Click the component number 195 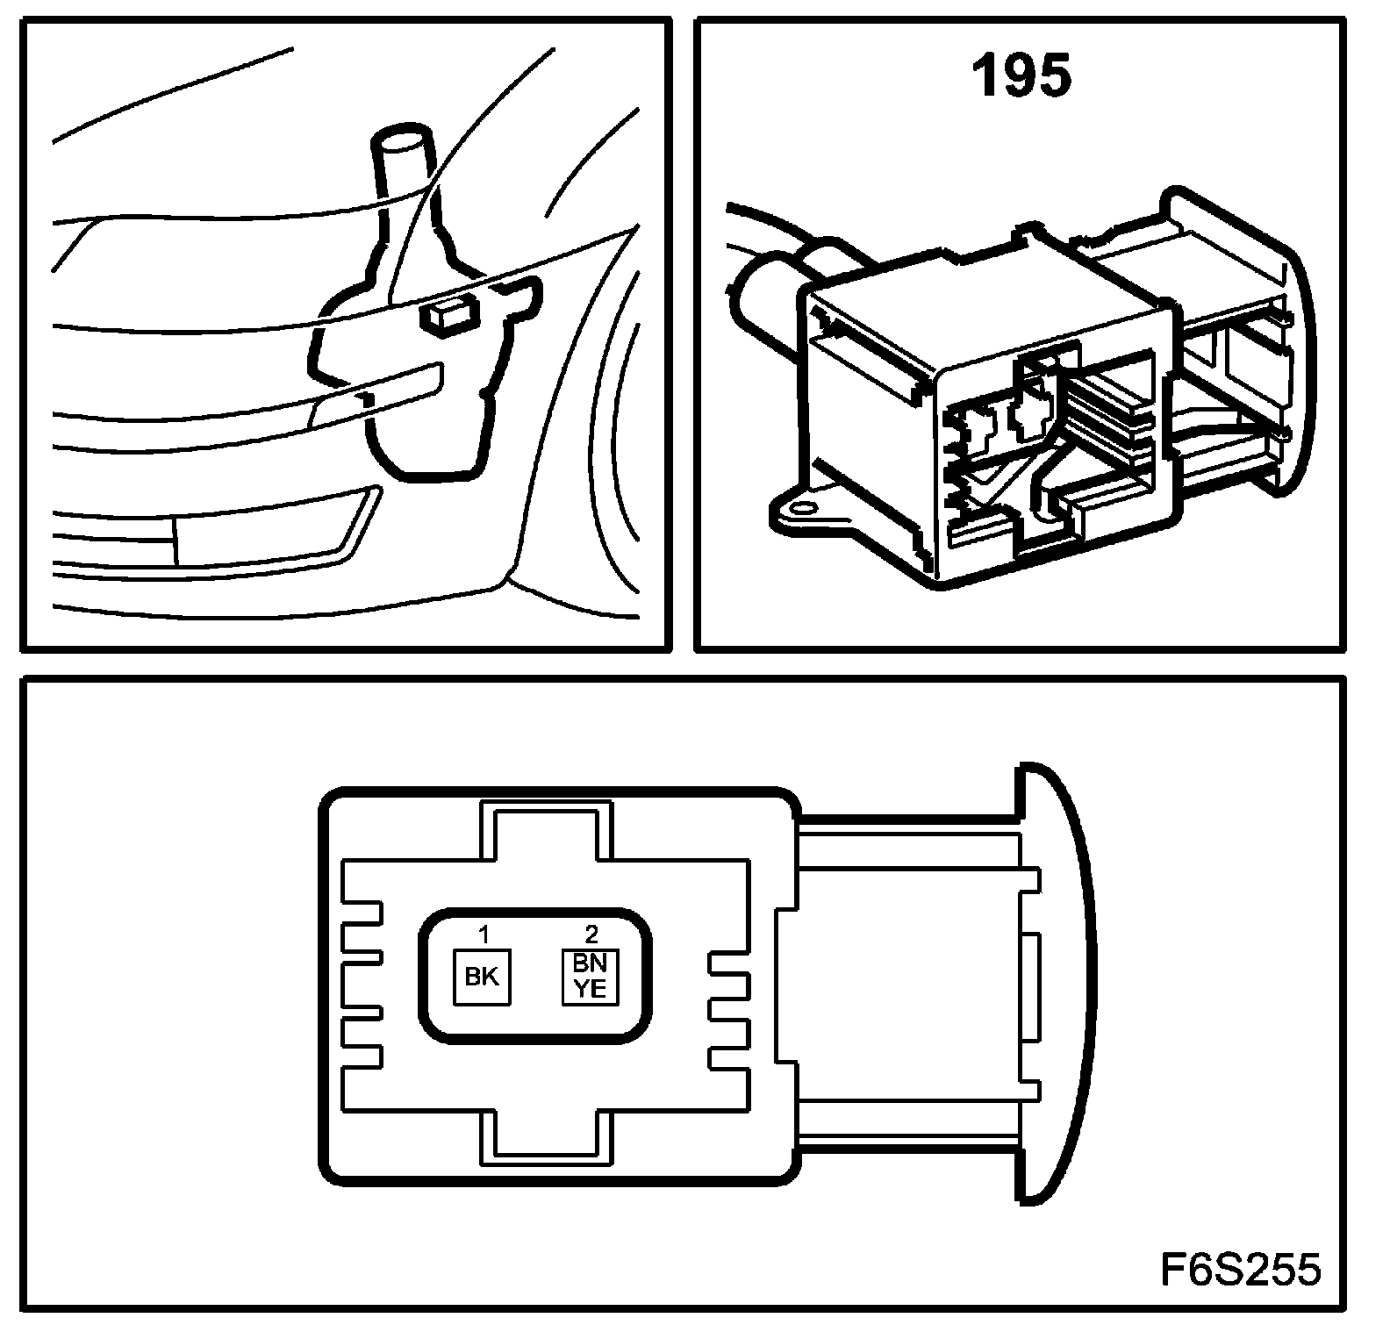(1022, 76)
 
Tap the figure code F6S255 (1240, 1269)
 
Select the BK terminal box (481, 977)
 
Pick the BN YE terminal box (590, 977)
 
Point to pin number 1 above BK (482, 934)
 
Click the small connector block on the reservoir (448, 314)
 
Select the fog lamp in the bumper (263, 537)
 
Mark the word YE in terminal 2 (590, 989)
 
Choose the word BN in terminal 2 (590, 963)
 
